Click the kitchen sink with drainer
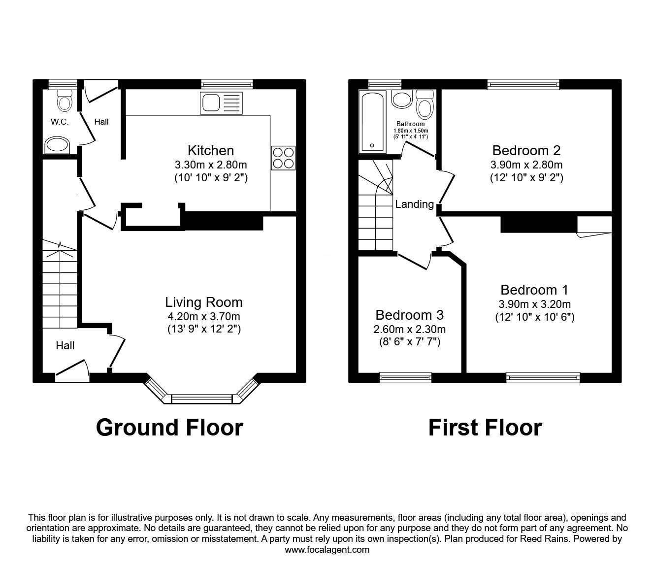(x=221, y=103)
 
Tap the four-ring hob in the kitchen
(x=283, y=158)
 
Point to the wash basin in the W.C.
(x=57, y=145)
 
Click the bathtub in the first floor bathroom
(x=372, y=122)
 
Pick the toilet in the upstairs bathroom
(x=425, y=104)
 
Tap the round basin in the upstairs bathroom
(x=401, y=99)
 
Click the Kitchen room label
(x=211, y=150)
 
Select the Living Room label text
(x=204, y=302)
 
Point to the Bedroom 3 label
(x=409, y=315)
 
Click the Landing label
(x=415, y=204)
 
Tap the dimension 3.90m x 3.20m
(x=535, y=304)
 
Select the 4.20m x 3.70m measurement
(x=204, y=316)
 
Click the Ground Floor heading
(x=169, y=428)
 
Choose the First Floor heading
(x=485, y=428)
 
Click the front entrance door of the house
(x=72, y=371)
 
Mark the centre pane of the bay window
(x=202, y=399)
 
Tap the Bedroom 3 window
(x=405, y=377)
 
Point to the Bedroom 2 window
(x=523, y=84)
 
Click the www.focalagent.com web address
(x=327, y=550)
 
